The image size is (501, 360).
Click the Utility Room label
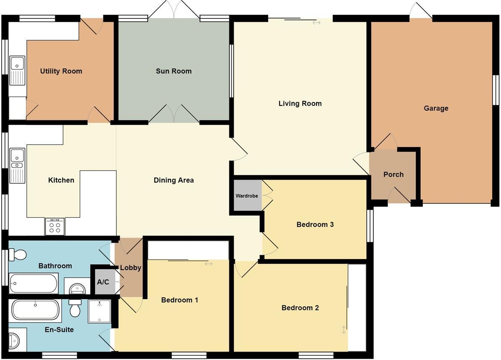(61, 71)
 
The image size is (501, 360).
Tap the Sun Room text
(174, 71)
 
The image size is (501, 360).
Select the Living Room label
(300, 103)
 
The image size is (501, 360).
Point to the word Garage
(436, 108)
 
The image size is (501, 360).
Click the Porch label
(393, 175)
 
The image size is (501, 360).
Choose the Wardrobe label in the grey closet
(247, 196)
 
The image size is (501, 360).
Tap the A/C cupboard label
(103, 282)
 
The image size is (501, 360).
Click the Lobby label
(130, 267)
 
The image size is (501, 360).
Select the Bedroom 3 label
(315, 225)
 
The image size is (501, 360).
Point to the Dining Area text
(174, 180)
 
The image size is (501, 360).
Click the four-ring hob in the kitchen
(55, 227)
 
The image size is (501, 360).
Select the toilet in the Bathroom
(17, 254)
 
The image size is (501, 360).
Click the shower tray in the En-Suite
(100, 311)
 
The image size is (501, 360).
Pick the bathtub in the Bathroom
(34, 284)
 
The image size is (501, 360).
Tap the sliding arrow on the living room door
(316, 23)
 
